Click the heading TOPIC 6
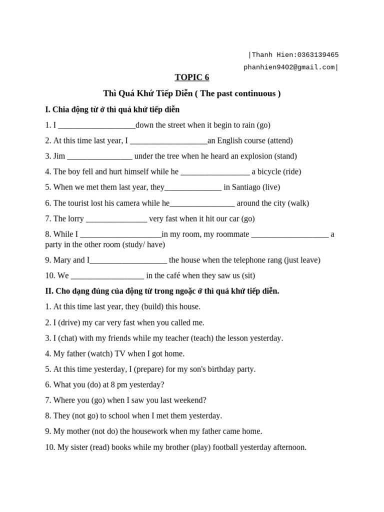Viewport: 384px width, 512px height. pos(192,77)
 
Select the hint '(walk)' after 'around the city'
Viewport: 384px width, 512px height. pos(298,203)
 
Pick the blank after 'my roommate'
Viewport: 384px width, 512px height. pos(290,234)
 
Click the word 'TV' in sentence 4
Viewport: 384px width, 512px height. pos(120,353)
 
